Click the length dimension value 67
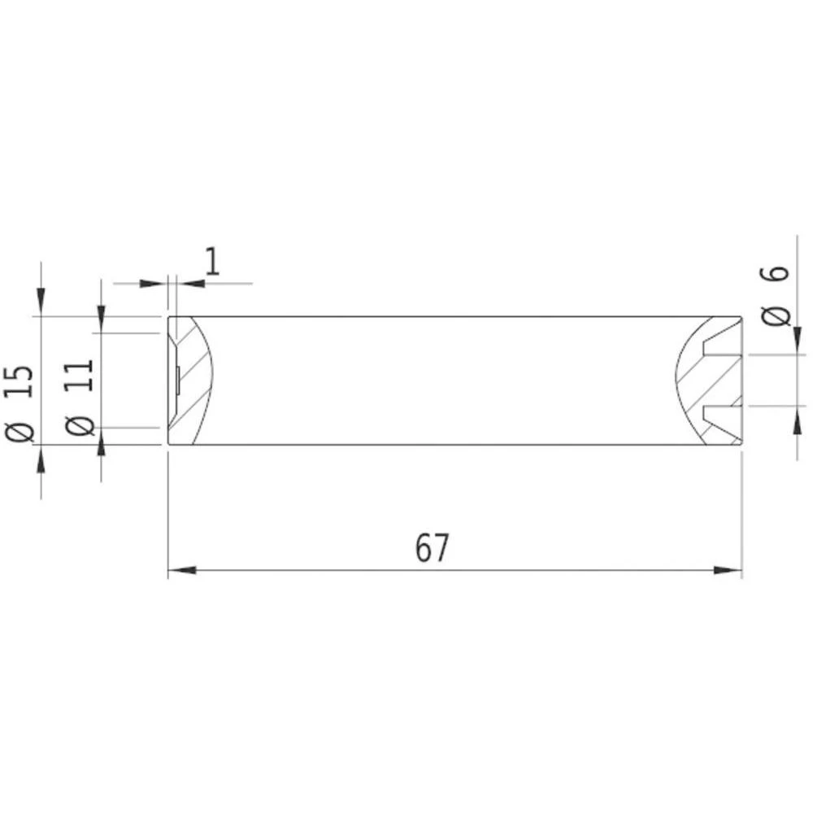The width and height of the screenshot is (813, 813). tap(432, 549)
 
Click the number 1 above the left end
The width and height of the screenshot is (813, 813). tap(212, 262)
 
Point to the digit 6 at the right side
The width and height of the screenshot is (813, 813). tap(777, 272)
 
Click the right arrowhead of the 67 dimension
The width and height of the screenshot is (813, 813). tap(728, 570)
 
